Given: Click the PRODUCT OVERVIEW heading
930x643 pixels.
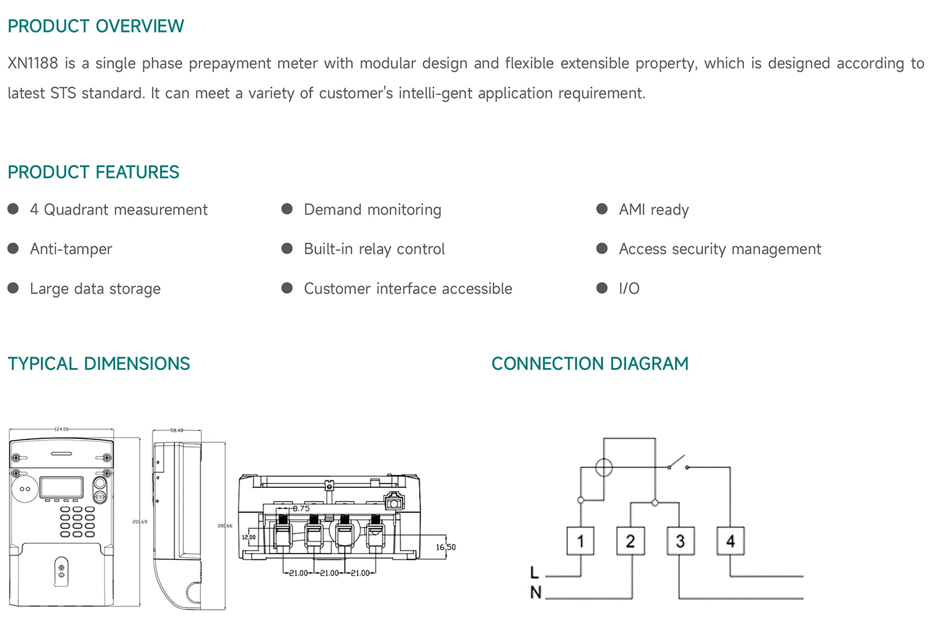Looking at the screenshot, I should point(95,26).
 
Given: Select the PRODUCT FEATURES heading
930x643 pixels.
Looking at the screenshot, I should point(93,172).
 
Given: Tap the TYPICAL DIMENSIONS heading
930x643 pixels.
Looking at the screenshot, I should point(99,364).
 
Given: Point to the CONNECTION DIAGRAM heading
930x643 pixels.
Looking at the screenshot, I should point(590,364).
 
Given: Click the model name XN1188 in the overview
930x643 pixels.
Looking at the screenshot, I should point(32,63).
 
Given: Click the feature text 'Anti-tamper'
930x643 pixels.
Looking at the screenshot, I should point(71,249).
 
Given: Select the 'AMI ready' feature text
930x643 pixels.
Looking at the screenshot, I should point(653,210).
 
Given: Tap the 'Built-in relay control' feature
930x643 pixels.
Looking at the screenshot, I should point(374,249).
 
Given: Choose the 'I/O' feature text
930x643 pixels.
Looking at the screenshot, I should point(629,289).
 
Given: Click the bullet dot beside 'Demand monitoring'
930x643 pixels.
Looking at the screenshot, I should point(287,209).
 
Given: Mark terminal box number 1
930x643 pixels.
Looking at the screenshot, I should point(580,541).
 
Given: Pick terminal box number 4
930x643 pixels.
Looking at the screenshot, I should point(730,541).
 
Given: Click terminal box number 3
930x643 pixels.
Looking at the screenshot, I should point(680,541).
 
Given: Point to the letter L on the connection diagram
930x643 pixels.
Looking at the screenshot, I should point(534,573).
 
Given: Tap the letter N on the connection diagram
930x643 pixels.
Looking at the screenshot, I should point(536,593).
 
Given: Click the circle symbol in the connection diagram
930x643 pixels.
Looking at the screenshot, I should point(604,467).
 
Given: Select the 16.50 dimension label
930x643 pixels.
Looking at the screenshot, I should point(445,547).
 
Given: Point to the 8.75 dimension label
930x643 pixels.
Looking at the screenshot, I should point(301,508).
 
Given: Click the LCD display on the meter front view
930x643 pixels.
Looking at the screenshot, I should point(61,487).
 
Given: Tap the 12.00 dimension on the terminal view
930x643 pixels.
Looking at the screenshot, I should point(249,537).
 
